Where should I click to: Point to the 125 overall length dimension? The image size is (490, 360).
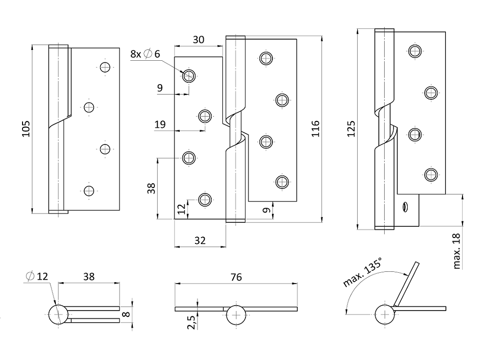pos(351,128)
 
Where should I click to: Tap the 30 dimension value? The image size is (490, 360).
pos(198,40)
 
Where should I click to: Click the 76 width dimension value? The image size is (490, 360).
pos(236,277)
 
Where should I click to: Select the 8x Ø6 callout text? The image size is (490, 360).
pos(145,54)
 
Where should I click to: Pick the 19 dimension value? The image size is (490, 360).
pos(160,124)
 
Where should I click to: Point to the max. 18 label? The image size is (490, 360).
pos(457,251)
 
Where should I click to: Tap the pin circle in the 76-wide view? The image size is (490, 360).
pos(236,314)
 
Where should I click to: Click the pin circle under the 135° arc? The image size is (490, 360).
pos(385,314)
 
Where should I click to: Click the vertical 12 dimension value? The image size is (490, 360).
pos(181,210)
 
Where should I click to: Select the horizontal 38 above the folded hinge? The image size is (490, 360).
pos(88,277)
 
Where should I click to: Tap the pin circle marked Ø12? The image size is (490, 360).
pos(58,314)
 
